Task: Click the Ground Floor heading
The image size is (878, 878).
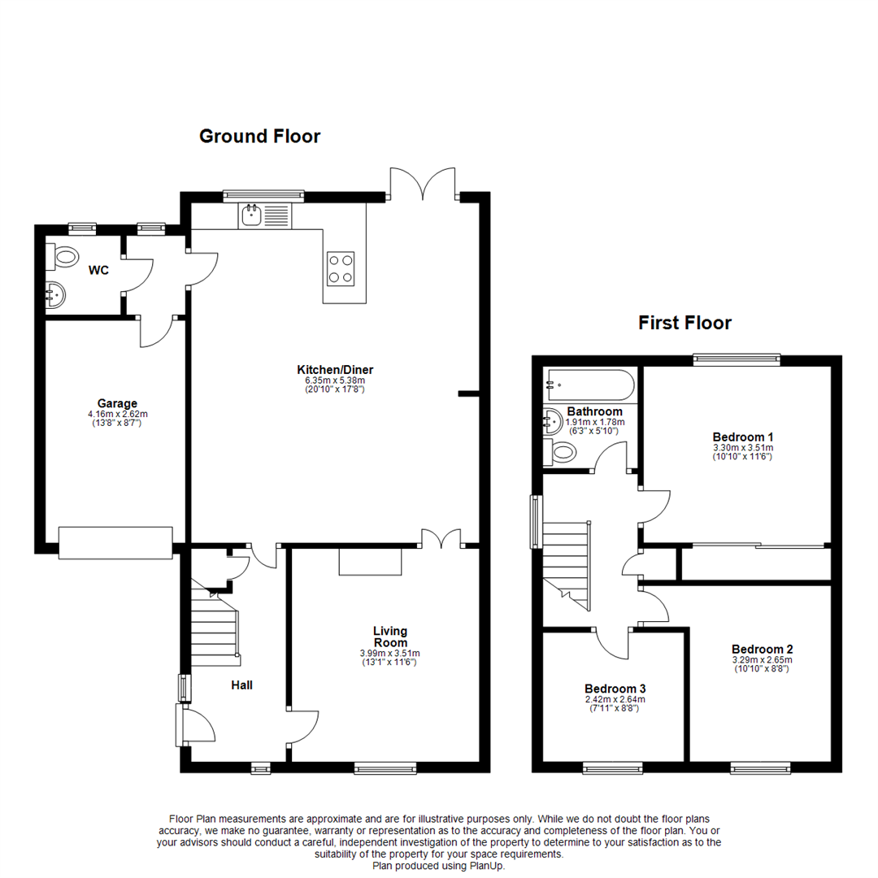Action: [260, 136]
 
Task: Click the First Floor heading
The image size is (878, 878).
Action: [685, 323]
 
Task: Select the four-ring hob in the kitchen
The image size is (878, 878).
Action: [341, 269]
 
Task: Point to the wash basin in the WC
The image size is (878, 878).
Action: [55, 294]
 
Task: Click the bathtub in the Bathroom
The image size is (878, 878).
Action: [591, 385]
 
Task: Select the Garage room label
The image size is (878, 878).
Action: [117, 403]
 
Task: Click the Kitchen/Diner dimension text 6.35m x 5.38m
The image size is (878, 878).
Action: [335, 380]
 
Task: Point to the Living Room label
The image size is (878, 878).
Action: [390, 637]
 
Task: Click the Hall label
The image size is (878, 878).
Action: [242, 685]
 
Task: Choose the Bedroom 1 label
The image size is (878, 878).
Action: [743, 437]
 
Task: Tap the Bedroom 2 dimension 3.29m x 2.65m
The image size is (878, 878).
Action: [762, 659]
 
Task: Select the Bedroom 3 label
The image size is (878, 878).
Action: [615, 689]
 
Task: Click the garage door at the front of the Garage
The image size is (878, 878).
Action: [115, 542]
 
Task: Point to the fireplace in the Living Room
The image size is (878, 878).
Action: [370, 562]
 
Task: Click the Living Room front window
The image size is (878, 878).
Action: [385, 768]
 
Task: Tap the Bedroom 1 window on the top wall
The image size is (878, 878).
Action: [737, 359]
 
